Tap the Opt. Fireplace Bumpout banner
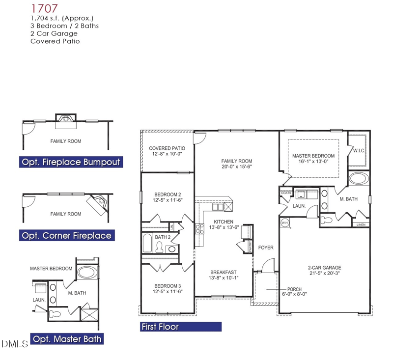(70, 162)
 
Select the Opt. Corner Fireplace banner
(66, 236)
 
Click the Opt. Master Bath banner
(66, 339)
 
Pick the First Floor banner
(180, 327)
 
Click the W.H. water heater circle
(284, 223)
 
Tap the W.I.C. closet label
(359, 151)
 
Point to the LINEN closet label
(361, 224)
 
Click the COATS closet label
(285, 193)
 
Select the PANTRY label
(250, 246)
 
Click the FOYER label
(266, 248)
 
